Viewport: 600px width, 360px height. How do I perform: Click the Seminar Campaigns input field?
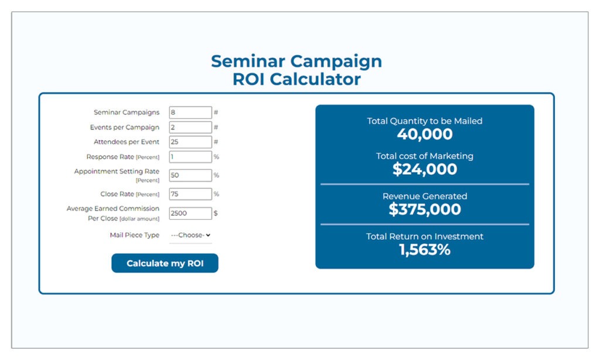point(190,112)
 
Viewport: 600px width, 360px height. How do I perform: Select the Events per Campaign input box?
point(190,127)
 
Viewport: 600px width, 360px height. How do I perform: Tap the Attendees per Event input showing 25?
point(190,142)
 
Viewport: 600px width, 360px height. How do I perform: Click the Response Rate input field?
point(190,157)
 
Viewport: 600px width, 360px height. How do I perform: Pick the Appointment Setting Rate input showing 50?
point(190,175)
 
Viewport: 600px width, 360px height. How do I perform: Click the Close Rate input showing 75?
point(190,194)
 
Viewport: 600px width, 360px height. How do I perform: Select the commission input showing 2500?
point(190,213)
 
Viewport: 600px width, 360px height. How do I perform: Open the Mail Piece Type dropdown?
point(190,235)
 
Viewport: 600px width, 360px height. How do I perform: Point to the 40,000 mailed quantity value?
point(425,134)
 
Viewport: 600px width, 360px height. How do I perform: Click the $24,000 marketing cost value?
point(425,169)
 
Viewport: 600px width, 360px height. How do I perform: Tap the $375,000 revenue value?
point(425,209)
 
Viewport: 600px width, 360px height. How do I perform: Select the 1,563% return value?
point(425,250)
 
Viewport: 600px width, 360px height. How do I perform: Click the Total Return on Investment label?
point(425,236)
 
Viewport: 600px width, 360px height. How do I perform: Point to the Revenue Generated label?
point(425,196)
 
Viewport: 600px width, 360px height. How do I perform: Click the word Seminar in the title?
point(248,62)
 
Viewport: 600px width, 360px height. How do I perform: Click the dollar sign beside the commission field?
point(216,213)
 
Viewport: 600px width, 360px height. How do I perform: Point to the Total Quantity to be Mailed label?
point(425,121)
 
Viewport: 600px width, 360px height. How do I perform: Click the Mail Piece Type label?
point(135,235)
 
